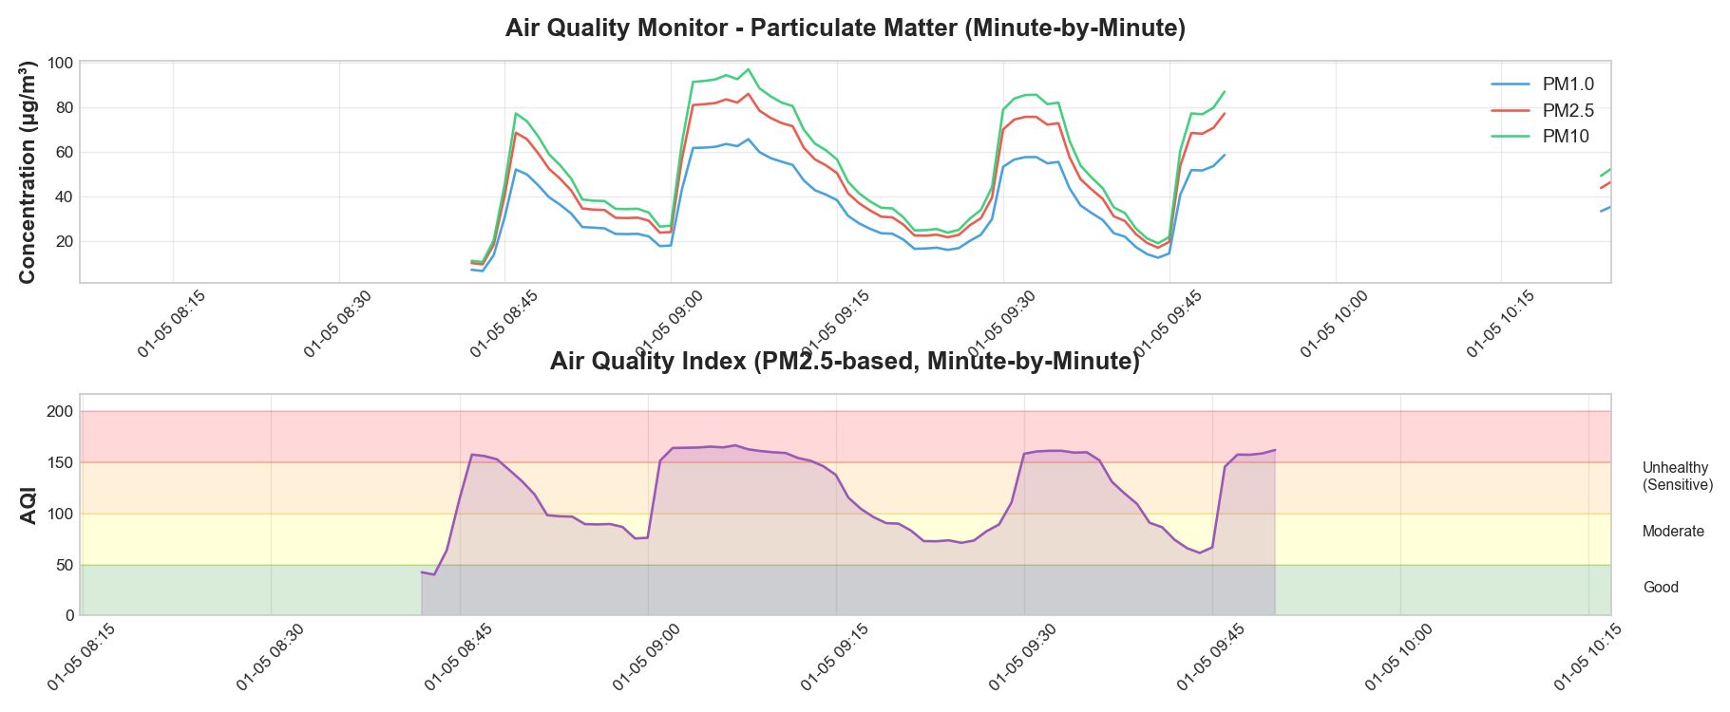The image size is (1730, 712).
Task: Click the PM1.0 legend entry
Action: coord(1568,84)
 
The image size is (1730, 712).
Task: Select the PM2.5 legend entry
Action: coord(1568,111)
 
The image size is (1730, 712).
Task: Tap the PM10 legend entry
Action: coord(1565,137)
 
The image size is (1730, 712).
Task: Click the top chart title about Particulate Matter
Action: coord(845,28)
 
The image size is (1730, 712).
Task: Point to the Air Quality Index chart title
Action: coord(845,362)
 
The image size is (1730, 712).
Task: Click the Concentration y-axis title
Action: coord(27,172)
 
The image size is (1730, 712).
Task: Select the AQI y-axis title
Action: coord(29,505)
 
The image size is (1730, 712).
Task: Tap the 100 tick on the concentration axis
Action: coord(60,64)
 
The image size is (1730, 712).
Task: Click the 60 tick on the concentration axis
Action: coord(63,153)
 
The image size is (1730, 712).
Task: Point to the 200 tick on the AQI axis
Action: coord(60,412)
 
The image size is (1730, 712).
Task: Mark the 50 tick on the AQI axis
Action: coord(64,565)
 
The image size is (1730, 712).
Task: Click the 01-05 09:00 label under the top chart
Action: coord(669,326)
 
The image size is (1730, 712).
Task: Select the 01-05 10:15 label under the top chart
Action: coord(1499,326)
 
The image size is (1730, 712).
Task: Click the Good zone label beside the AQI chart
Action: coord(1660,588)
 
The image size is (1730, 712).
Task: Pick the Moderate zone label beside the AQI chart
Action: coord(1672,532)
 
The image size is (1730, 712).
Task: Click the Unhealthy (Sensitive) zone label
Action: coord(1677,477)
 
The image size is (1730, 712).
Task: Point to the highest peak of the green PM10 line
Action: coord(748,69)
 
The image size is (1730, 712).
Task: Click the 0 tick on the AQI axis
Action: coord(69,616)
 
